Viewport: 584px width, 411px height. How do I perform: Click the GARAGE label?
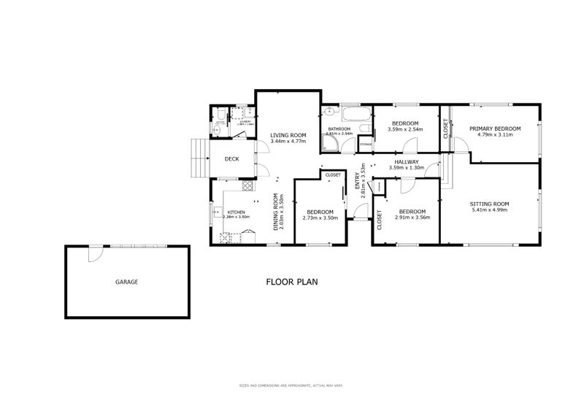(126, 281)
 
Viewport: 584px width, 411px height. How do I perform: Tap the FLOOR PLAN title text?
(292, 281)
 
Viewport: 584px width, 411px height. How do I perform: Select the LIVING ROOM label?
(288, 135)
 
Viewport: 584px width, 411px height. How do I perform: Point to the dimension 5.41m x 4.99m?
(490, 212)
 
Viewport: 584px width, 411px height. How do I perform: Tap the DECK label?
(231, 159)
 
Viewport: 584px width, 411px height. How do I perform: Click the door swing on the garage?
(93, 253)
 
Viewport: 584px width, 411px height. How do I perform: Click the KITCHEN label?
(235, 211)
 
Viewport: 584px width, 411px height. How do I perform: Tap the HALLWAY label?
(407, 162)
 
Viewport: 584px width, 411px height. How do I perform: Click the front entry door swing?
(360, 212)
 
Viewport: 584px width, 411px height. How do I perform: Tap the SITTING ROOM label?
(490, 204)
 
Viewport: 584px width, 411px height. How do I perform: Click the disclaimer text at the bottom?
(292, 385)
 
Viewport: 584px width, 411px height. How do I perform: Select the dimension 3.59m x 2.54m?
(404, 130)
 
